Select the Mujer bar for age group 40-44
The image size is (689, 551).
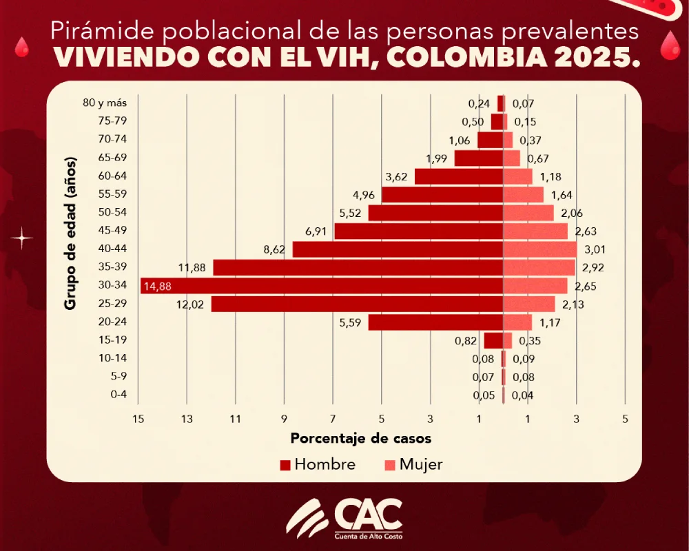pyautogui.click(x=539, y=249)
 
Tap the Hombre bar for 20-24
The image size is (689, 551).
pyautogui.click(x=435, y=322)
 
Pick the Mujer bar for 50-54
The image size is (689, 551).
pyautogui.click(x=528, y=212)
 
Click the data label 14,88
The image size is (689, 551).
pyautogui.click(x=157, y=286)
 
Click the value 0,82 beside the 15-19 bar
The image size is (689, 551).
pyautogui.click(x=466, y=340)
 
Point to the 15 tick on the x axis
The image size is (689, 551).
pyautogui.click(x=138, y=419)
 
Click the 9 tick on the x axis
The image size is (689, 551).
pyautogui.click(x=284, y=419)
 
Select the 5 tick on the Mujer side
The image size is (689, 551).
pyautogui.click(x=625, y=419)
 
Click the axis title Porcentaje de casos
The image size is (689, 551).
pyautogui.click(x=361, y=438)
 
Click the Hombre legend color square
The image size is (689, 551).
pyautogui.click(x=285, y=465)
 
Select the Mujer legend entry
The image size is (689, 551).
pyautogui.click(x=413, y=465)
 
